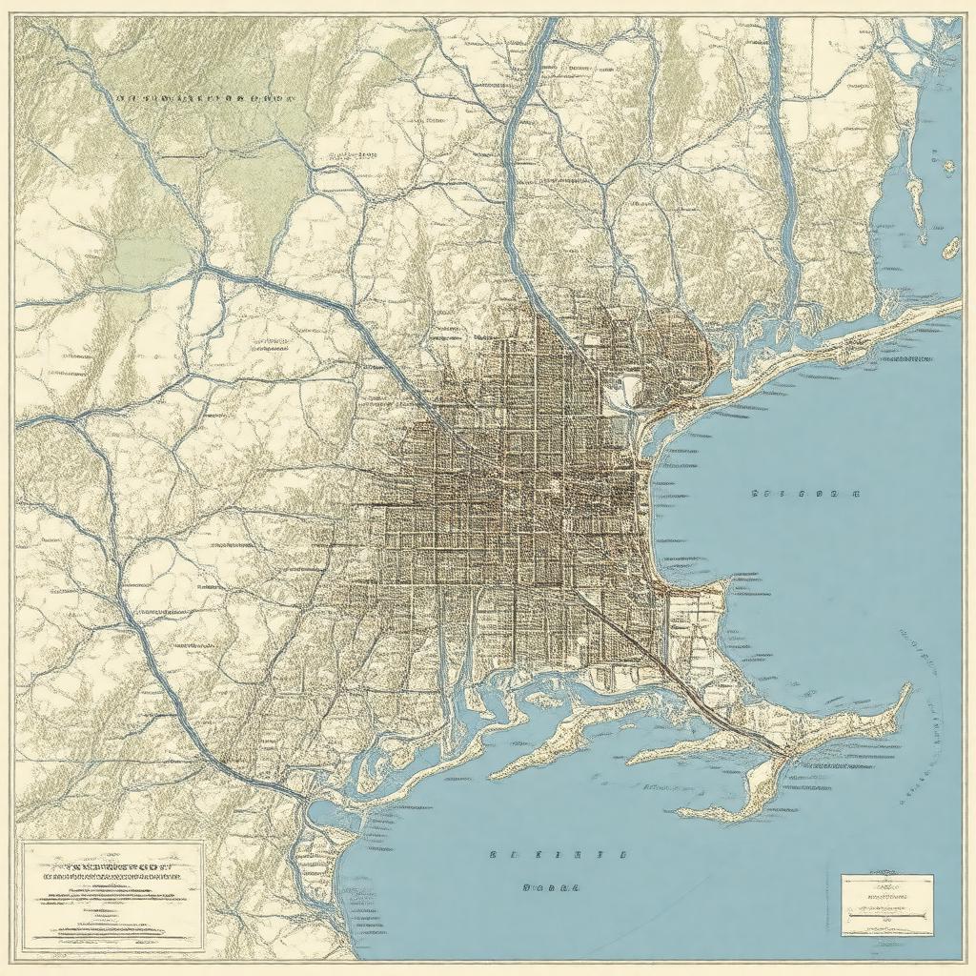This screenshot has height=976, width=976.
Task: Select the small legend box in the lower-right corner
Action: [886, 905]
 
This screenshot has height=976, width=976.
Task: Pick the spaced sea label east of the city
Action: [805, 495]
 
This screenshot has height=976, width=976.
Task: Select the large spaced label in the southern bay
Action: [559, 855]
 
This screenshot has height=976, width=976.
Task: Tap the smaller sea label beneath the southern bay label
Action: [552, 886]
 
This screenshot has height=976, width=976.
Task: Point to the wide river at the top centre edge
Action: [543, 38]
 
